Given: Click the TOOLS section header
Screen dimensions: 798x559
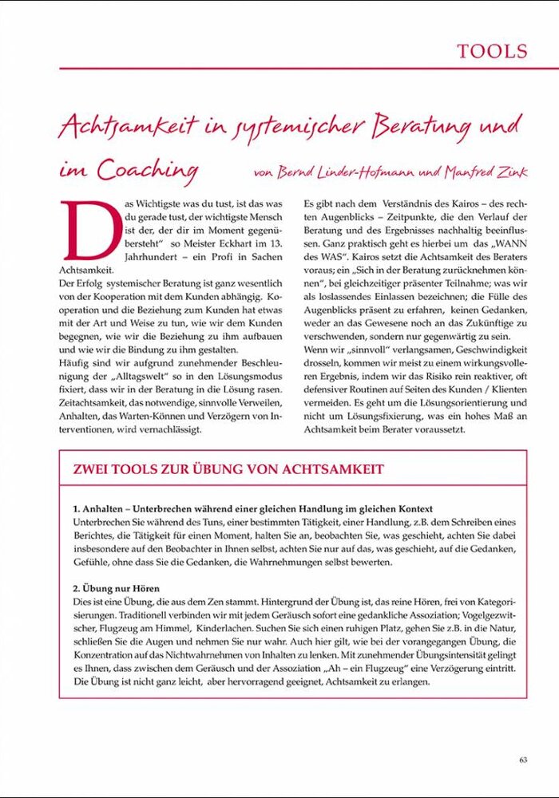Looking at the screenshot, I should pyautogui.click(x=492, y=52).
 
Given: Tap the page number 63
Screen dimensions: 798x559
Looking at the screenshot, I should pyautogui.click(x=523, y=760).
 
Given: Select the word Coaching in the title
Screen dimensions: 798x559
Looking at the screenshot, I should pyautogui.click(x=148, y=169).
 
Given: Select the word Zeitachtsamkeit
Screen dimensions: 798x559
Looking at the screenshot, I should pyautogui.click(x=100, y=404).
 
